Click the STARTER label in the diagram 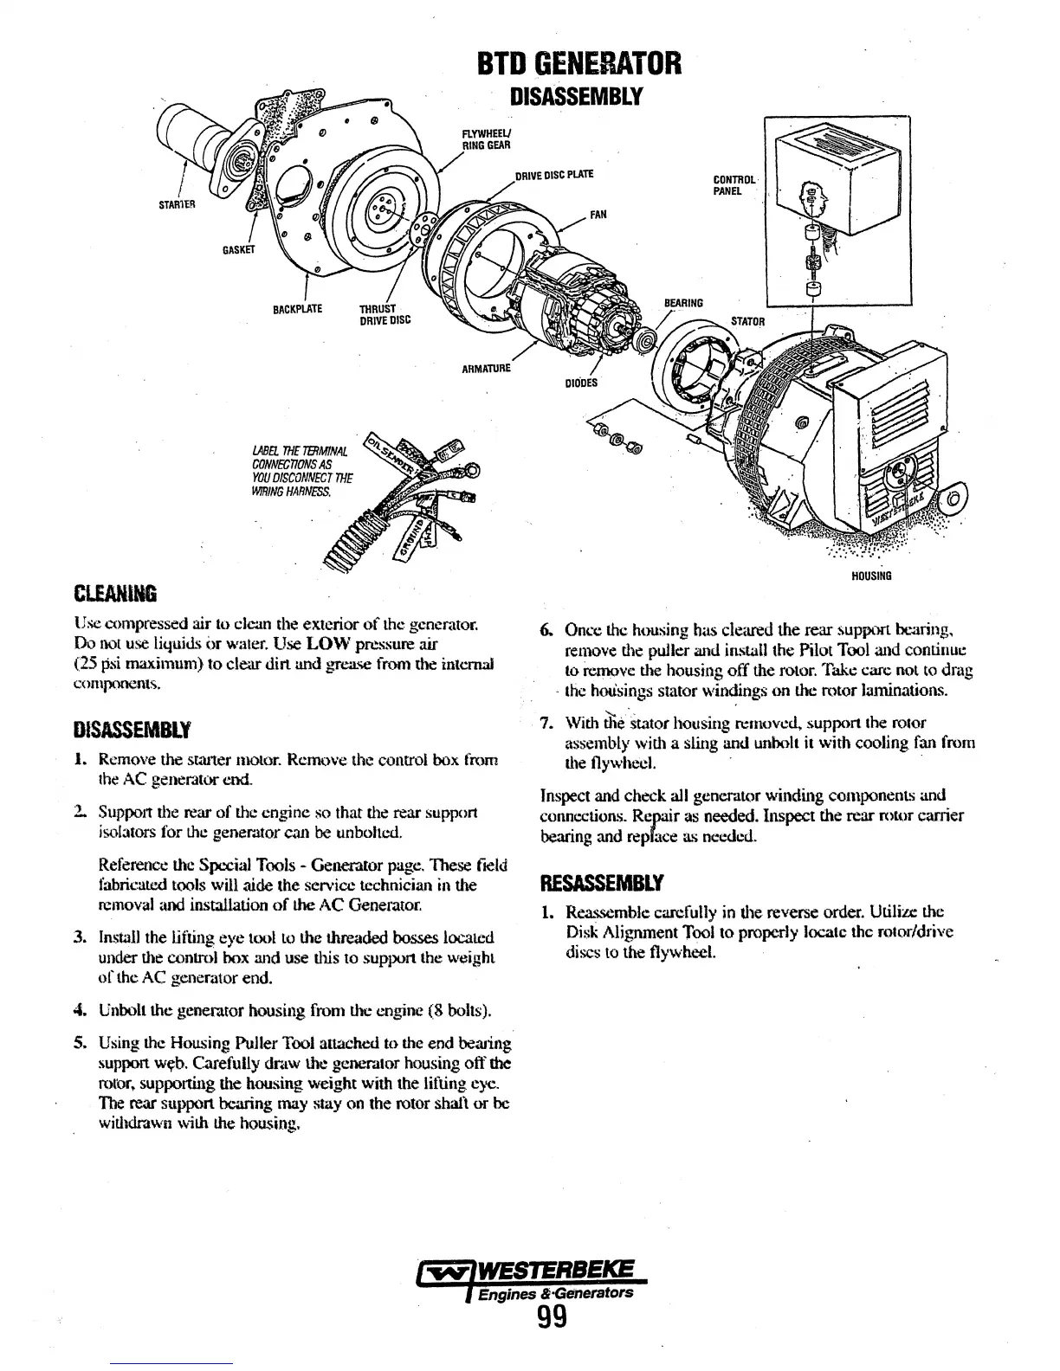point(178,205)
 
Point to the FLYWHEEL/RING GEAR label point(484,139)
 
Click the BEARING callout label point(683,303)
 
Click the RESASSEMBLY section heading point(602,884)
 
